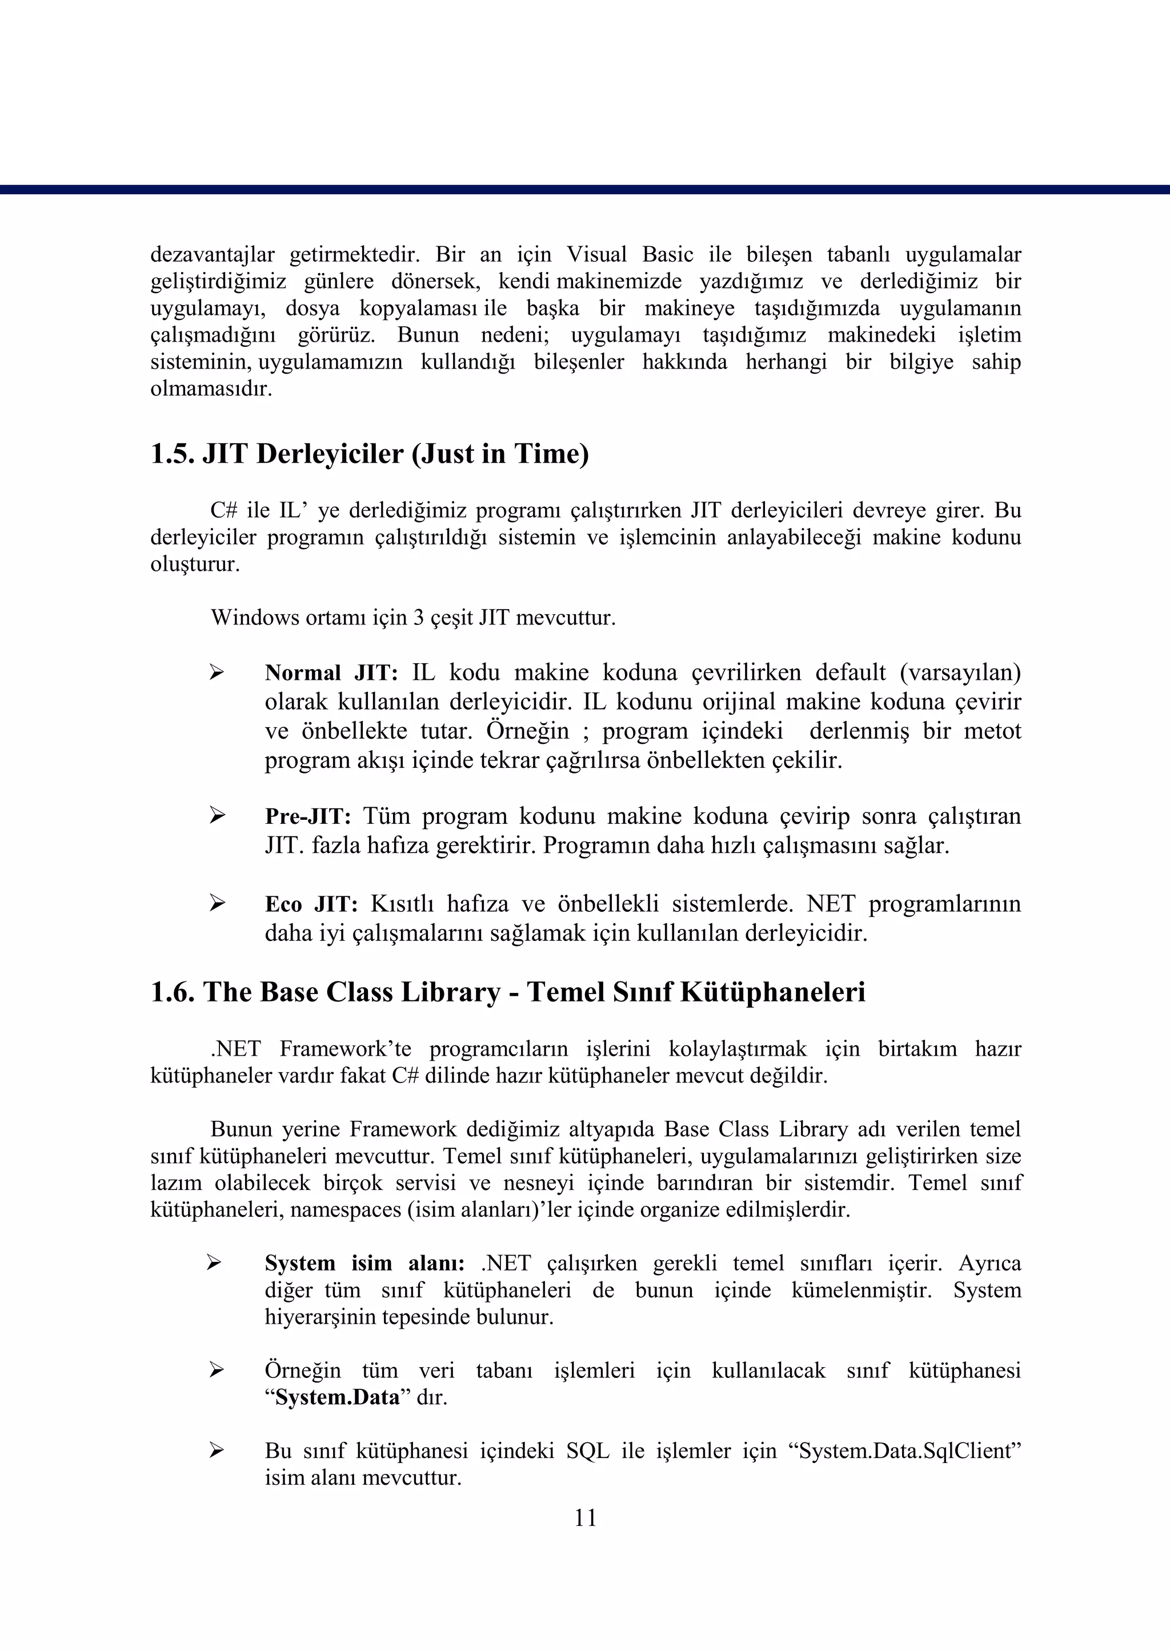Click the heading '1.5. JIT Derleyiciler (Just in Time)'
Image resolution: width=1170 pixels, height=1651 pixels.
(x=369, y=455)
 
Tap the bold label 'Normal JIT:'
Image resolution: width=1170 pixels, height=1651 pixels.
(x=331, y=673)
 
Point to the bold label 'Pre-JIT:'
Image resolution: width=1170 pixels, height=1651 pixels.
(x=307, y=816)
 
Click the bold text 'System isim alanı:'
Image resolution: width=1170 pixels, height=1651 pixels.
(x=364, y=1264)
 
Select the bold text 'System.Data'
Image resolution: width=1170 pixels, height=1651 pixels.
(x=337, y=1397)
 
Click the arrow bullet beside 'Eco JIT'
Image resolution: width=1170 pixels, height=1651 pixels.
(x=217, y=903)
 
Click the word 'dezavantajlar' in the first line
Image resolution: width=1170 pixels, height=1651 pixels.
(x=212, y=255)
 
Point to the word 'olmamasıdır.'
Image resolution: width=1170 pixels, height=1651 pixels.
(x=211, y=390)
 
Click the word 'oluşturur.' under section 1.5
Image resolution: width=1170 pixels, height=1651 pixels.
(x=194, y=564)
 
